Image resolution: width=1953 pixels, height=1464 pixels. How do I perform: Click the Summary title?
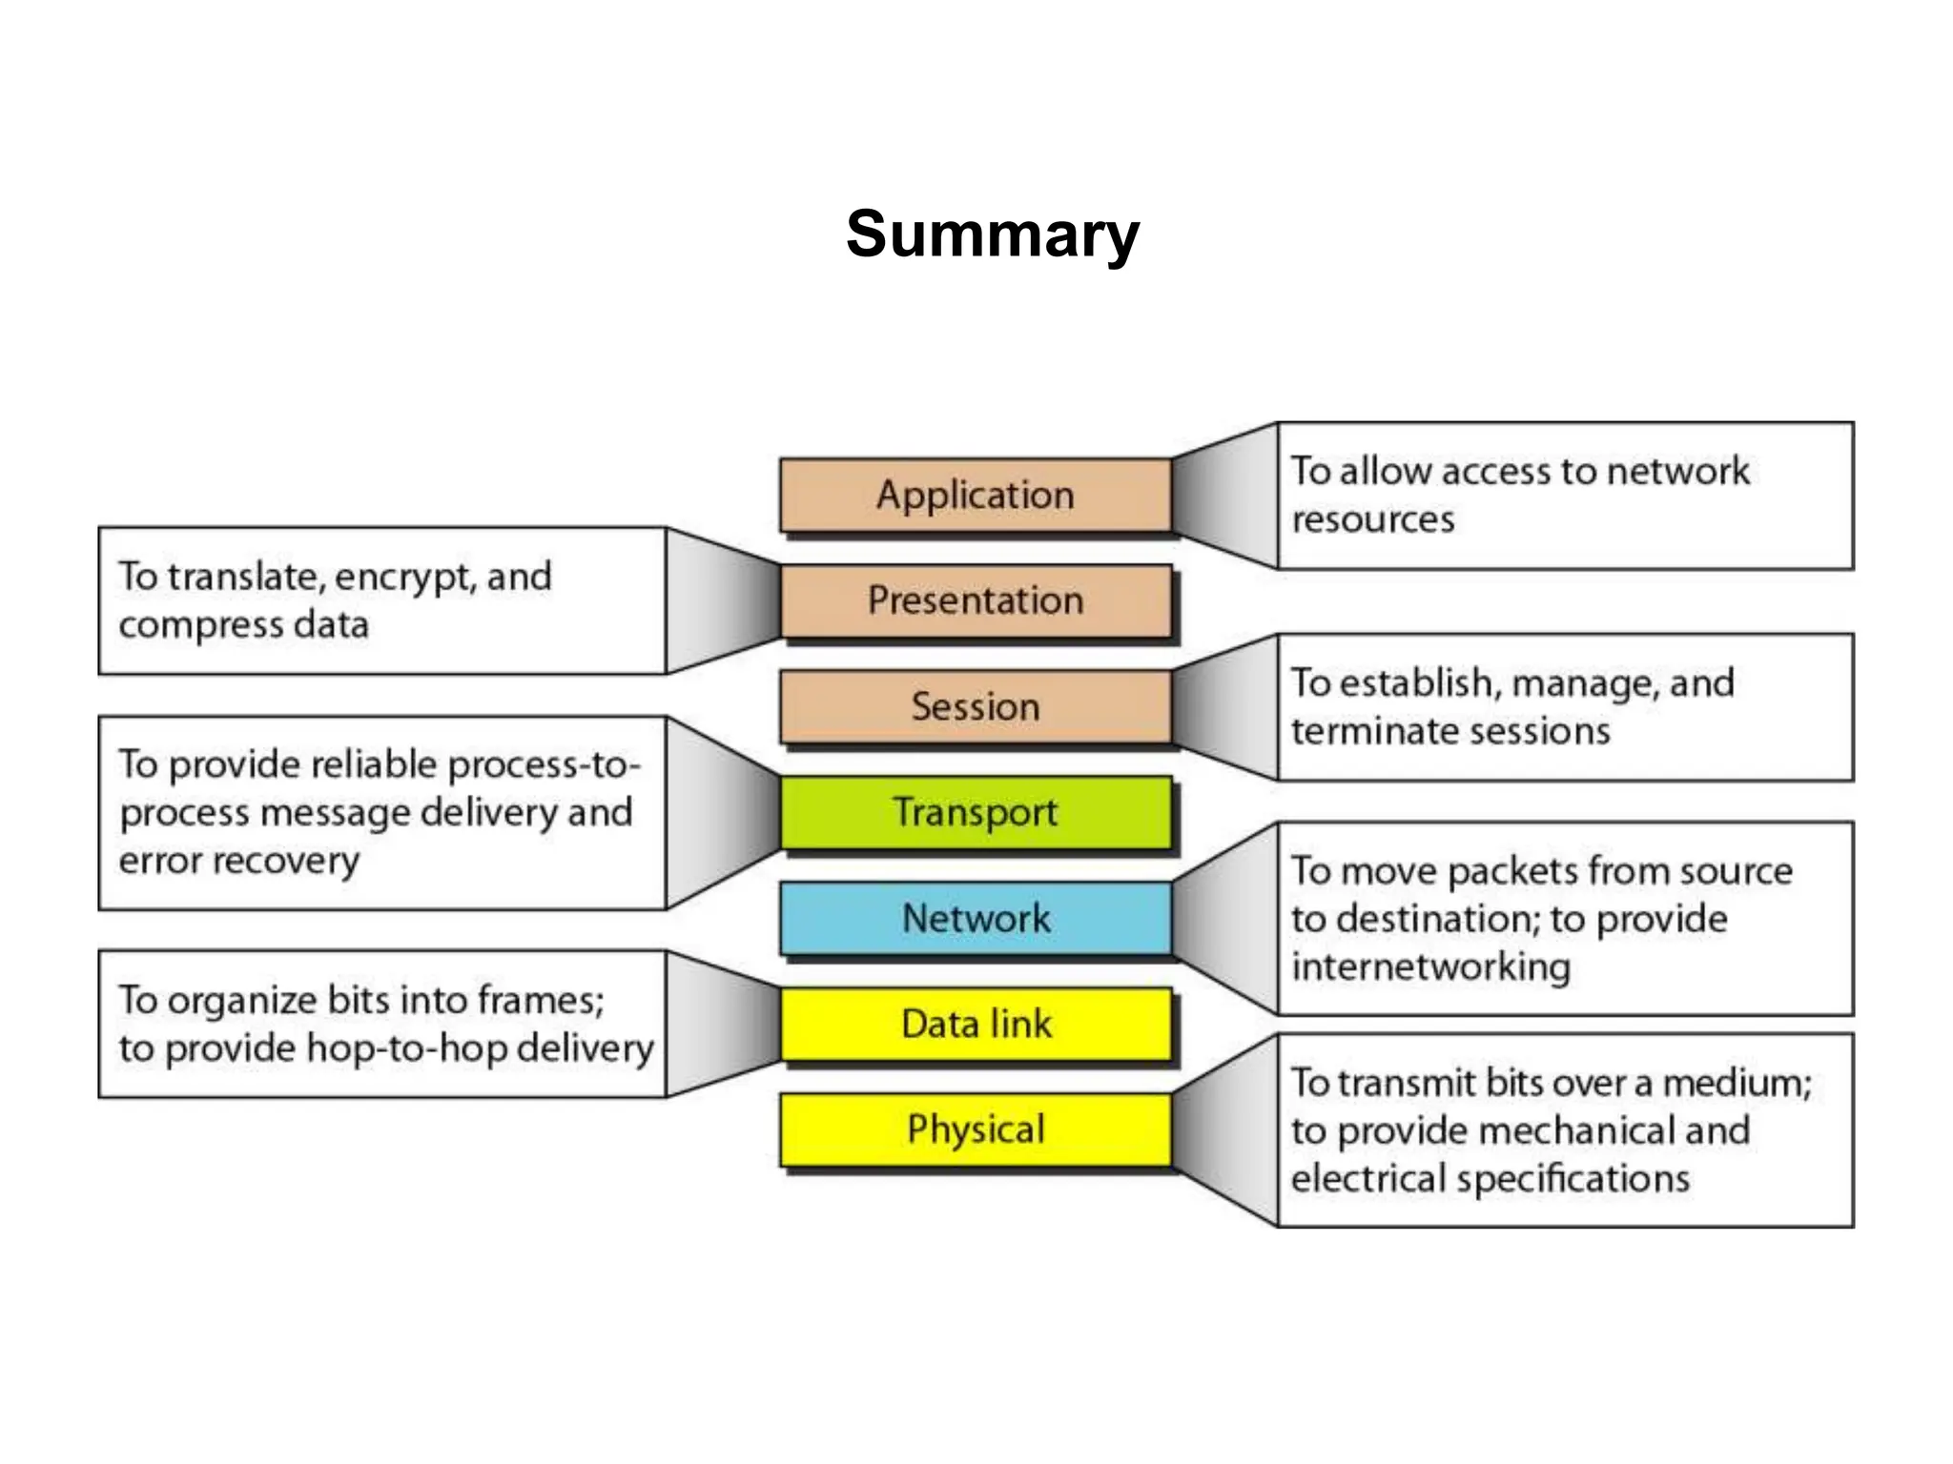[992, 234]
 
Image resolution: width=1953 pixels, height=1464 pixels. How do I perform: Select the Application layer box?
[975, 495]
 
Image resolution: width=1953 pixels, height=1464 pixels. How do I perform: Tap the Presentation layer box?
[975, 600]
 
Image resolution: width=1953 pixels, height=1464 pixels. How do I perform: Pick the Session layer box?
[975, 706]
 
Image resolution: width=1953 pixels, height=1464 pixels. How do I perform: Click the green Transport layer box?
[975, 812]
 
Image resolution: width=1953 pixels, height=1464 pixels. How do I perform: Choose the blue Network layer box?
[975, 918]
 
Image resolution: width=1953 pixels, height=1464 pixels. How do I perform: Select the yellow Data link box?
[975, 1024]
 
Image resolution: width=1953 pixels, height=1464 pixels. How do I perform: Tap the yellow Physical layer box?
[975, 1129]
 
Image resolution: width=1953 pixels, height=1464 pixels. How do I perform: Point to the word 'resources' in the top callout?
[1372, 519]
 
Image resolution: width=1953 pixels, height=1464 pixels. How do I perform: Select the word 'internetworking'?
[1430, 966]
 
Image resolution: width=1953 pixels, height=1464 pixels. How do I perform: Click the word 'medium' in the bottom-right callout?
[1736, 1083]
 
